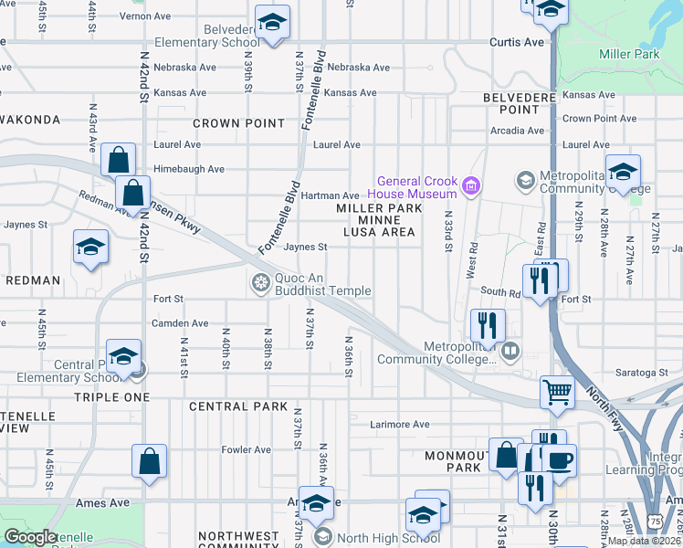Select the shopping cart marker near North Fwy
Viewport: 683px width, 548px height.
click(x=557, y=394)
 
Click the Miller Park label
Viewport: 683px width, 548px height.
click(x=629, y=55)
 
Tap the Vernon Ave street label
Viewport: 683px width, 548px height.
click(x=145, y=16)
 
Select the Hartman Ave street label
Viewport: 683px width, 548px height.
click(x=336, y=195)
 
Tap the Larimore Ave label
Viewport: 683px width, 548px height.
click(x=399, y=424)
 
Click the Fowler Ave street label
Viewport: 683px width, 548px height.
click(x=247, y=449)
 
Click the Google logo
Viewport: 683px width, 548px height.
click(x=30, y=537)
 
